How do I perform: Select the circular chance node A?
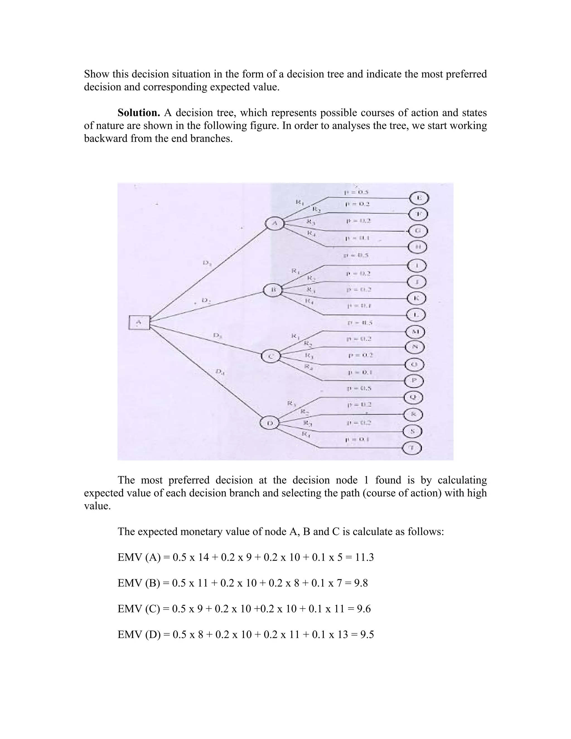pyautogui.click(x=275, y=223)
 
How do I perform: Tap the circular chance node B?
pyautogui.click(x=273, y=290)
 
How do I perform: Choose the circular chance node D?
pyautogui.click(x=270, y=423)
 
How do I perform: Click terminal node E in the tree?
pyautogui.click(x=419, y=198)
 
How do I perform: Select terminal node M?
pyautogui.click(x=415, y=332)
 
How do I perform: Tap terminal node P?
pyautogui.click(x=414, y=381)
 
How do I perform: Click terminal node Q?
pyautogui.click(x=413, y=397)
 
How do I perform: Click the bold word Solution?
pyautogui.click(x=139, y=113)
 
